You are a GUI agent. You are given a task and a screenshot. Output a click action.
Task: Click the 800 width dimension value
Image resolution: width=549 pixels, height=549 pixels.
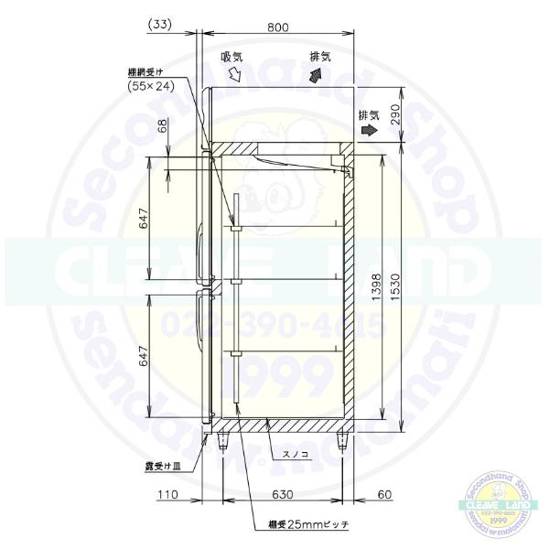point(278,27)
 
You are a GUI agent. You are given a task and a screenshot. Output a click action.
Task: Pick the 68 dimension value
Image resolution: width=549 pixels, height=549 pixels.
point(162,126)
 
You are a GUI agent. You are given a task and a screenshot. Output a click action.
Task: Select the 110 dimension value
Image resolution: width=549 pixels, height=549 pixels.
point(167,495)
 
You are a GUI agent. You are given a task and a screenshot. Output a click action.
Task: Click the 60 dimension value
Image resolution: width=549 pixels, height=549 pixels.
point(384,495)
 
